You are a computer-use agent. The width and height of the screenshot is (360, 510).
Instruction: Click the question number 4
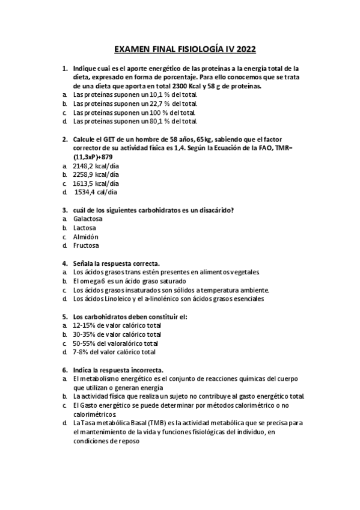coord(64,263)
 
